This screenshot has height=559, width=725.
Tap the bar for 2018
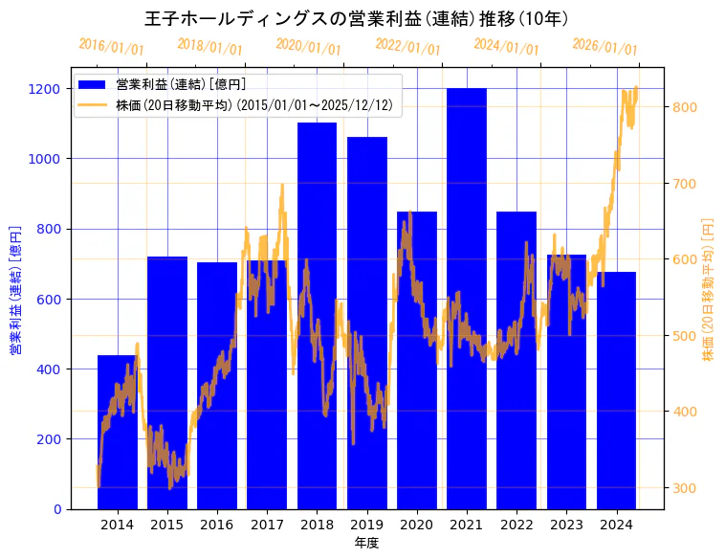point(317,315)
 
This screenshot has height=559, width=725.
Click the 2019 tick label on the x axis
point(366,525)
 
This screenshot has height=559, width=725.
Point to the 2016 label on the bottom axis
point(217,525)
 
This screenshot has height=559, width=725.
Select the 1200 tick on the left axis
point(46,89)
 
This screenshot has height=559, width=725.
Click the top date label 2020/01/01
point(308,46)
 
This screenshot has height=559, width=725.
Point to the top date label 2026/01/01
point(604,46)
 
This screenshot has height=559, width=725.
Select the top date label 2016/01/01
point(111,46)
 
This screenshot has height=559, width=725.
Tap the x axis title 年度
point(366,543)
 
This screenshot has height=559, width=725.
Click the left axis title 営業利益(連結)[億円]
point(14,291)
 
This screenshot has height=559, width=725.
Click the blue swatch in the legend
point(93,84)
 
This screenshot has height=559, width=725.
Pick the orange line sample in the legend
point(93,104)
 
